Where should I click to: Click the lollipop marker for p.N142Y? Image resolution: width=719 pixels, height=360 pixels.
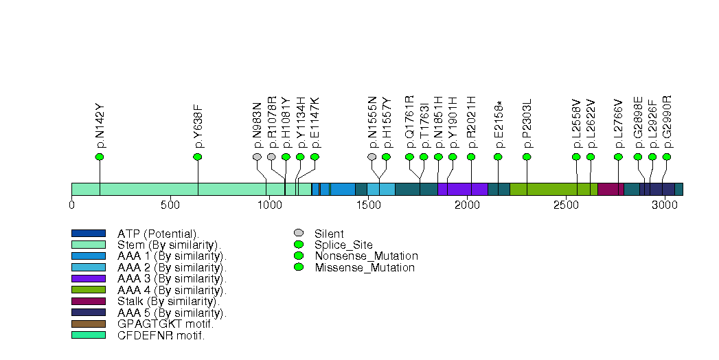click(100, 157)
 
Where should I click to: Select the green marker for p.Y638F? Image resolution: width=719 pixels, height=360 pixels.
click(198, 157)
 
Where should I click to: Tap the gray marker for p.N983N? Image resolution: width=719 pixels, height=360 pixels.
click(258, 157)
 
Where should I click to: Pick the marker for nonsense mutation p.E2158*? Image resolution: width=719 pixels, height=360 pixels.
click(498, 157)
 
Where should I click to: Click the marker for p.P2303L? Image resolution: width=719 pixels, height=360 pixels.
click(527, 157)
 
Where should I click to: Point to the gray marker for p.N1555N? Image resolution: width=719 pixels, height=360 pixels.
click(372, 157)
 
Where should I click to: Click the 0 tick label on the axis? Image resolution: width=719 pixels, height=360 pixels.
click(71, 205)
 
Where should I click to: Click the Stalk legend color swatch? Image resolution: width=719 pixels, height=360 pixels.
click(88, 301)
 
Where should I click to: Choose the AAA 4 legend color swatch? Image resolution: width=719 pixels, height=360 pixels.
click(88, 290)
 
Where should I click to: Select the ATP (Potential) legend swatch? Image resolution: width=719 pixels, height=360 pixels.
click(88, 234)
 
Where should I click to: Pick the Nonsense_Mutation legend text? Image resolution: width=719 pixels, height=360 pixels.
click(366, 256)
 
